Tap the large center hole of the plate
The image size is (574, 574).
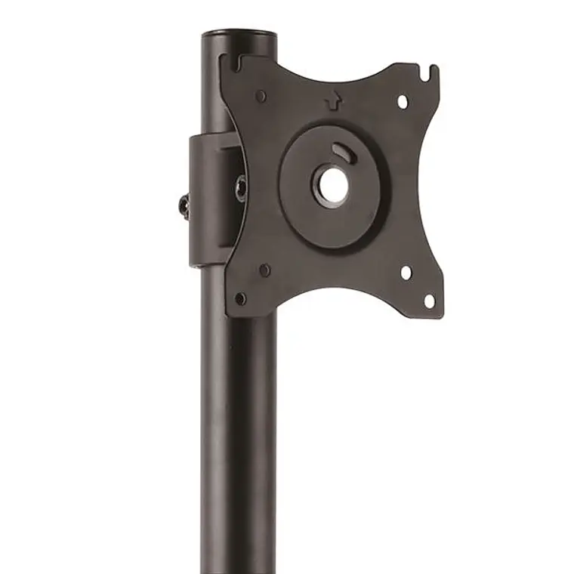(x=329, y=184)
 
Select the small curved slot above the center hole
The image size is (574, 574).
(x=343, y=151)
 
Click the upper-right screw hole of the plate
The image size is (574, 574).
(x=402, y=100)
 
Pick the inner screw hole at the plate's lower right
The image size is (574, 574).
(x=406, y=272)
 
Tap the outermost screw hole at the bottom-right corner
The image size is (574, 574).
(x=429, y=301)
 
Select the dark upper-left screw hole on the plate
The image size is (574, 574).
(x=261, y=97)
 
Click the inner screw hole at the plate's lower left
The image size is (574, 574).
(x=264, y=270)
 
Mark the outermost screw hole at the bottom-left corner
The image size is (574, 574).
(x=240, y=298)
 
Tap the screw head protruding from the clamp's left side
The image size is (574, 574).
(x=184, y=205)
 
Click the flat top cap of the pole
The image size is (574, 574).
(x=239, y=33)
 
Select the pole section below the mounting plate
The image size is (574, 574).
(x=237, y=438)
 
